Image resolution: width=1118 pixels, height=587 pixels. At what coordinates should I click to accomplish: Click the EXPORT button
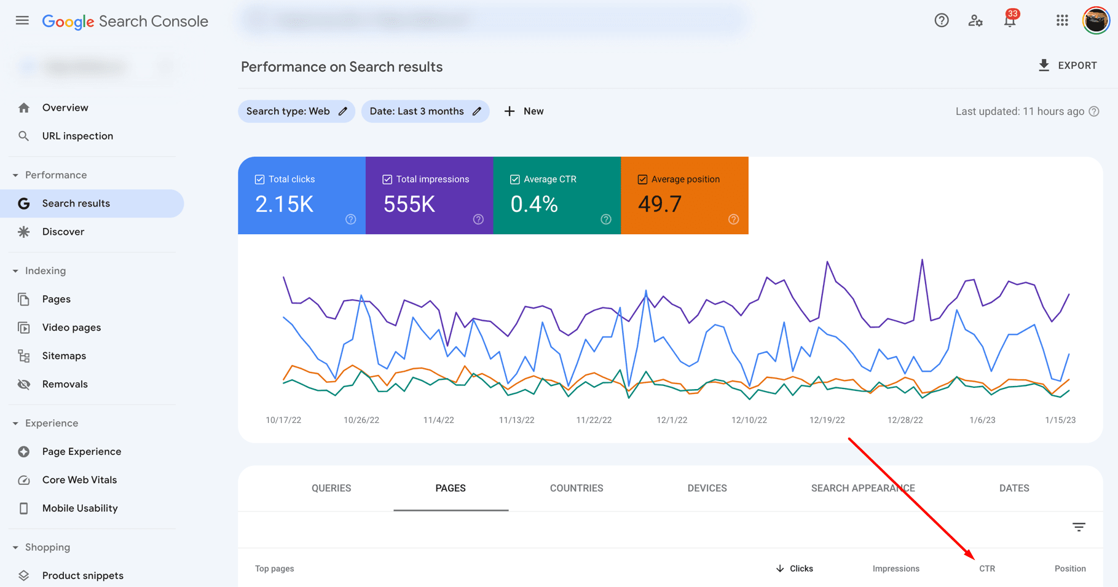coord(1068,66)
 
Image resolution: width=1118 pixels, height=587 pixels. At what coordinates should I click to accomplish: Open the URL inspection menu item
coord(77,136)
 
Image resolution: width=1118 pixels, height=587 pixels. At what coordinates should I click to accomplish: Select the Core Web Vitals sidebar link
coord(79,480)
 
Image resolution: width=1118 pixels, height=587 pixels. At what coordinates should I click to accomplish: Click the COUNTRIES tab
coord(576,488)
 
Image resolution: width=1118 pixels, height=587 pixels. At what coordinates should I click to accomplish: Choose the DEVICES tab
coord(707,488)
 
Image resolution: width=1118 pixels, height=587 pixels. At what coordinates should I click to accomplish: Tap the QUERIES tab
coord(331,488)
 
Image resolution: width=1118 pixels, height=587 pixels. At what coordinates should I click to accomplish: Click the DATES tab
coord(1014,488)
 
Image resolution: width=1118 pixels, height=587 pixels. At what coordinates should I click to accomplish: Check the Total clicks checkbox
coord(260,179)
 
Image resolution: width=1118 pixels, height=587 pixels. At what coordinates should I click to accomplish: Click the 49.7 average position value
coord(659,204)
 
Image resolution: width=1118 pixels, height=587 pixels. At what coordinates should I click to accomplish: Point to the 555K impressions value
coord(409,204)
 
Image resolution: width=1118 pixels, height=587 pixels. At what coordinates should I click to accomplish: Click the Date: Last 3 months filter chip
coord(425,111)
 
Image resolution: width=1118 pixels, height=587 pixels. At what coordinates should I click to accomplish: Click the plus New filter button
coord(524,111)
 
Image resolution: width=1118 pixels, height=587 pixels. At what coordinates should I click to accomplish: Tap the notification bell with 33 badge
coord(1009,21)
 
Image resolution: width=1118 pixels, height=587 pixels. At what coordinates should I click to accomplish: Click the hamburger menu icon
coord(22,21)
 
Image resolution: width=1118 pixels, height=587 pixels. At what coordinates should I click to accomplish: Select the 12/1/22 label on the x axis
coord(671,420)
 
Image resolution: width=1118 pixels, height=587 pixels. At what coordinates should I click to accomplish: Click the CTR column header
coord(986,569)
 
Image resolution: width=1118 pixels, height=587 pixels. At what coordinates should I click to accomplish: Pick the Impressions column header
coord(896,569)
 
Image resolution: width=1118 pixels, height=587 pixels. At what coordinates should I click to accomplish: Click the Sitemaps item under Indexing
coord(64,356)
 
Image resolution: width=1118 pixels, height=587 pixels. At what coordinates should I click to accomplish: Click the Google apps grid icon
coord(1062,21)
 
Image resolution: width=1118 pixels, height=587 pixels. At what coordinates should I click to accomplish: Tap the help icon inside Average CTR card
coord(606,219)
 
